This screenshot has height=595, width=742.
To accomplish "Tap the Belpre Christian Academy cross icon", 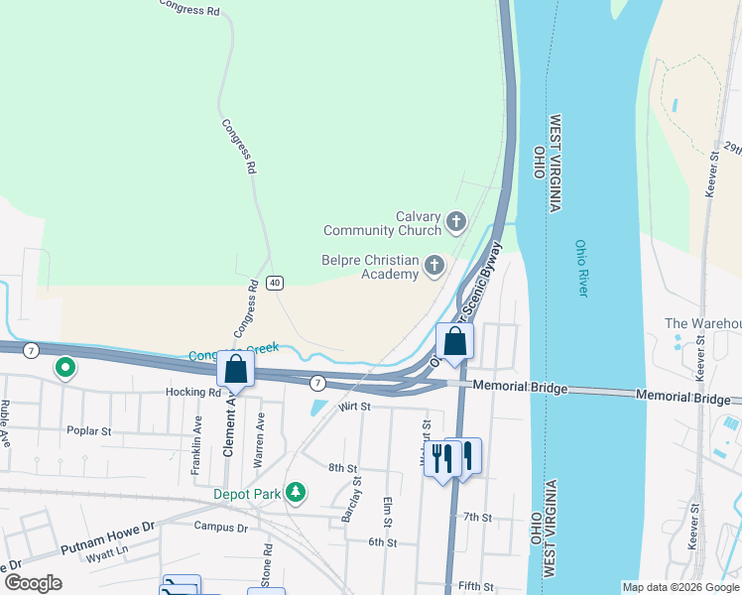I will [x=433, y=265].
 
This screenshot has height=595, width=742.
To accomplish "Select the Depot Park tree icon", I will [x=295, y=493].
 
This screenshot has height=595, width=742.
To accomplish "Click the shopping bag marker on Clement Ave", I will [x=236, y=369].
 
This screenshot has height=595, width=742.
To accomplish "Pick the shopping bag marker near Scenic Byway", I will [x=454, y=341].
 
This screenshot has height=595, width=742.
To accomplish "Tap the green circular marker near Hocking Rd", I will [x=65, y=368].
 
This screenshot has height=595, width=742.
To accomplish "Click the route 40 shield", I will [x=275, y=283].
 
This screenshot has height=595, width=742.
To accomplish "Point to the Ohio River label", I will [x=581, y=268].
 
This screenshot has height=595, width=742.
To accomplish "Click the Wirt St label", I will [x=353, y=407].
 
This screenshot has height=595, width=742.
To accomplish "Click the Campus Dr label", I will [x=221, y=527].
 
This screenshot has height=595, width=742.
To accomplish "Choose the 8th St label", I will [x=342, y=467].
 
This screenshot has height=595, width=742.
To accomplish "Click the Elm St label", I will [x=387, y=514].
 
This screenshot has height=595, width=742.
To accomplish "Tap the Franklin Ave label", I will [x=196, y=442].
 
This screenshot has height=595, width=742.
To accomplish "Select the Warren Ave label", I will [x=259, y=440].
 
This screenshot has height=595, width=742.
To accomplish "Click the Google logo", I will [x=33, y=583].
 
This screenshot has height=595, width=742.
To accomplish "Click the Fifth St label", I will [x=475, y=587].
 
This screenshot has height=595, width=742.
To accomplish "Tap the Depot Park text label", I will [x=247, y=493].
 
